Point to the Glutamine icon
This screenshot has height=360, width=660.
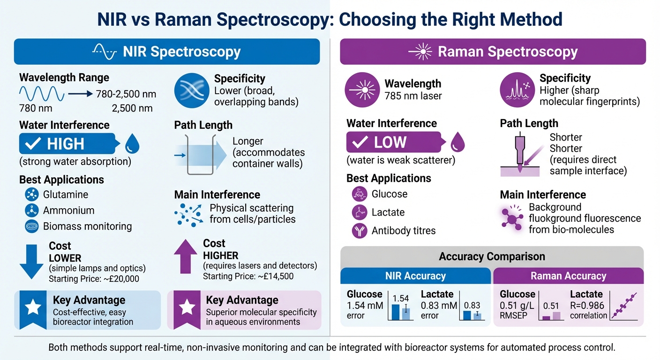coord(31,195)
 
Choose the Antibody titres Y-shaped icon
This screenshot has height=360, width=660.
coord(359,231)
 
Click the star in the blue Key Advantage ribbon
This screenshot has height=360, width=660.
coord(32,307)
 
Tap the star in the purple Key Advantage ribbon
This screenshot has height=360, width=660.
coord(187,307)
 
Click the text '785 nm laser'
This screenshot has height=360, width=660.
coord(413,96)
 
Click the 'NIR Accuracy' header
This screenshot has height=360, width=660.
coord(415,276)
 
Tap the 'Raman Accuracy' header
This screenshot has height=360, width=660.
coord(568,276)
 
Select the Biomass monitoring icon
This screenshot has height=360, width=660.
coord(31,226)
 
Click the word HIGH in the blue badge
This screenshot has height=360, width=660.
coord(66,144)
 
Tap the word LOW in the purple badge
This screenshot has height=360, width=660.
coord(390,142)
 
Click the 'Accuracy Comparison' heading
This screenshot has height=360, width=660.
coord(492,256)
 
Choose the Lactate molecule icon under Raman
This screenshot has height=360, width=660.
coord(359,212)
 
